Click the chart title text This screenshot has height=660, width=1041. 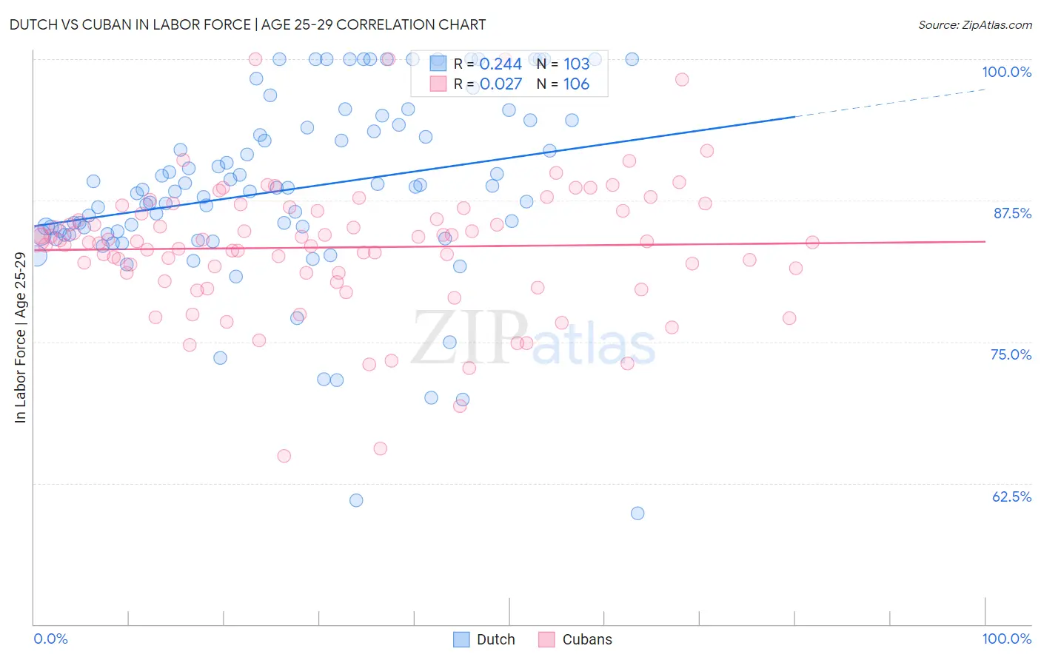tap(247, 24)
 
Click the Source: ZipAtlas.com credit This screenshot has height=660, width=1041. tap(974, 24)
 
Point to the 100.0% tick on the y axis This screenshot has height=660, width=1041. tap(1006, 72)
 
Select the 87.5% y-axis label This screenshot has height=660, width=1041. tap(1011, 213)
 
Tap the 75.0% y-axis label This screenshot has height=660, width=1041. tap(1011, 354)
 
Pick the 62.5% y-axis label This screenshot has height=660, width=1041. tap(1011, 496)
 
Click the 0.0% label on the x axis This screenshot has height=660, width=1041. tap(50, 639)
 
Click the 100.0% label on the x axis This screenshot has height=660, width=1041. tap(1006, 639)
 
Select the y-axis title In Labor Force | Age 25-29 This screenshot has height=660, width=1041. tap(21, 337)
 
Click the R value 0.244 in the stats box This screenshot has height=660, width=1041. tap(501, 64)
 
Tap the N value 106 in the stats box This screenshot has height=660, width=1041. tap(576, 84)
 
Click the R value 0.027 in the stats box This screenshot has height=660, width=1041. tap(501, 84)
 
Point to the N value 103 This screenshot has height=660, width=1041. tap(576, 64)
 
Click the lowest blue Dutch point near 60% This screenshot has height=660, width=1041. tap(637, 513)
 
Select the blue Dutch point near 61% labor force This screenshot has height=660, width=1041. tap(356, 500)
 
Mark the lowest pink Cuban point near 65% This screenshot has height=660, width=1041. tap(284, 456)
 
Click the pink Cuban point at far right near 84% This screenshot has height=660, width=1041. tap(812, 242)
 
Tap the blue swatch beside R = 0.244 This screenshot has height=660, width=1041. tap(438, 64)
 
